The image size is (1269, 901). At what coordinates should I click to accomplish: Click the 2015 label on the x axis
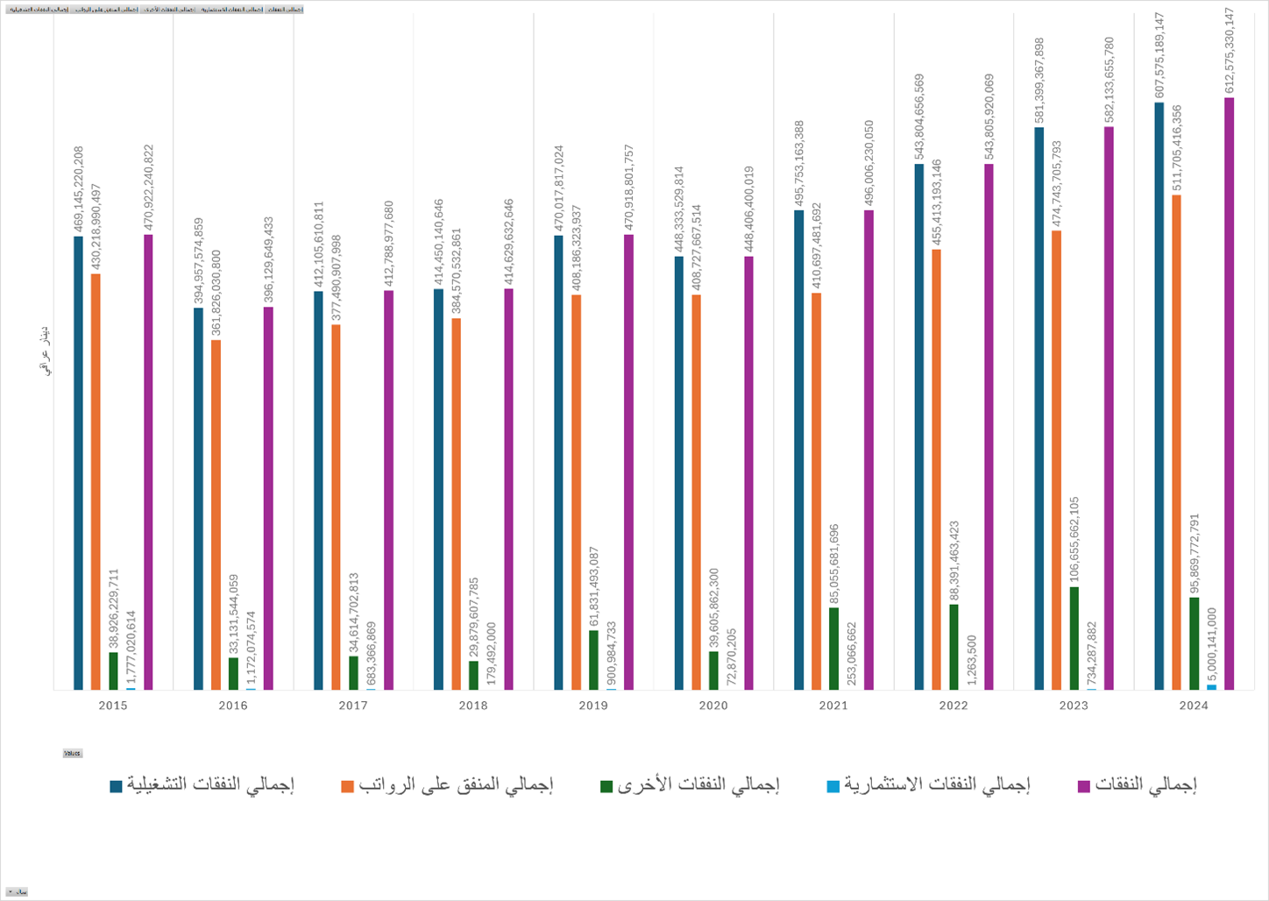[x=113, y=706]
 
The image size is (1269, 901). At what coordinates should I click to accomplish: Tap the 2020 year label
[x=713, y=706]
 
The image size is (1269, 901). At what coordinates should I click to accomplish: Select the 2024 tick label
[x=1194, y=706]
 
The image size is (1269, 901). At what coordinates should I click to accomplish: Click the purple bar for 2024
[x=1230, y=394]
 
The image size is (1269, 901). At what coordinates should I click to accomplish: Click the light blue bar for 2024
[x=1212, y=687]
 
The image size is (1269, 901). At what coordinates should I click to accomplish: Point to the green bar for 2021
[x=834, y=649]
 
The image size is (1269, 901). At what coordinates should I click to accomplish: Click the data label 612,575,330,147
[x=1230, y=51]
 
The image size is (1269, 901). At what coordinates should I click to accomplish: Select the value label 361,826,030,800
[x=216, y=294]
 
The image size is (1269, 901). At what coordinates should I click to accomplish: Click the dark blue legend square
[x=116, y=786]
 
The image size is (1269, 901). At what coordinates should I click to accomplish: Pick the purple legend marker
[x=1084, y=786]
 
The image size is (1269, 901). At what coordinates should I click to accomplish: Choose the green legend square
[x=606, y=786]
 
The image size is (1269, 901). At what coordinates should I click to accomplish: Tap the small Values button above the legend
[x=72, y=753]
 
